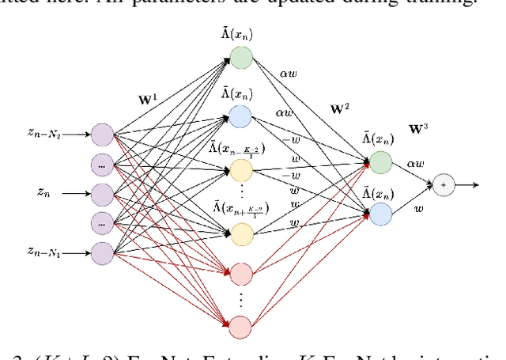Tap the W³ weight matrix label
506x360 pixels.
click(x=418, y=127)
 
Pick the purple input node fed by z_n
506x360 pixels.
click(x=103, y=192)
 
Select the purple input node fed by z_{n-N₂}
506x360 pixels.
click(x=103, y=134)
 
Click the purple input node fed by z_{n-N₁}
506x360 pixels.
click(x=103, y=252)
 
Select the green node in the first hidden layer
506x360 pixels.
click(x=241, y=57)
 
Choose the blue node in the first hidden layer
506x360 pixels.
click(x=241, y=117)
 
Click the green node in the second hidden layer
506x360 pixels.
click(x=380, y=162)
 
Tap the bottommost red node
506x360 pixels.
click(x=241, y=326)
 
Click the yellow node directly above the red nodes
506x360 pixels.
click(x=241, y=233)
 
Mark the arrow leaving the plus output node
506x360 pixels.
click(x=467, y=185)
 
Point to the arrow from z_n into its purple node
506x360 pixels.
click(x=76, y=192)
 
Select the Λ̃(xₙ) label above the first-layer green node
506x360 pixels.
click(x=240, y=33)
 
